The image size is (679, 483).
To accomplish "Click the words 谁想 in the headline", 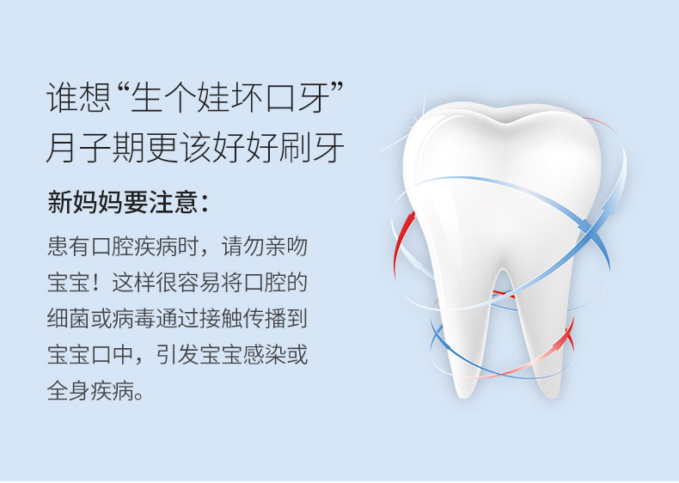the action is pos(78,97).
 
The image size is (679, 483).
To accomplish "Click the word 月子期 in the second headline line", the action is pos(95,147).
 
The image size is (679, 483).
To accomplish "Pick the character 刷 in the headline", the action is pos(295,147).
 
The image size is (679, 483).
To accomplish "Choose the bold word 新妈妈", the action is pos(85,202).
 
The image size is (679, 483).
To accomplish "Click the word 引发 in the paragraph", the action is pos(178,355).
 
